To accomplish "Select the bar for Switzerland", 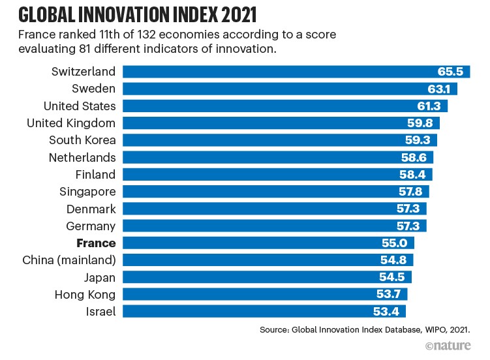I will (274, 72).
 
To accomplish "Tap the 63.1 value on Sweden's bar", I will (443, 89).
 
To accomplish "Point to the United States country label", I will (80, 106).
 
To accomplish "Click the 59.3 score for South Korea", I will (422, 140).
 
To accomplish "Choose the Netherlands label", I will (82, 157).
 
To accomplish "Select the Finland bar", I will (261, 174).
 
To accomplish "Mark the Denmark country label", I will (91, 209).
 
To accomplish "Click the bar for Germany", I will (261, 226).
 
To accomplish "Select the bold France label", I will (96, 243).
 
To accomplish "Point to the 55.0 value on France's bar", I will (400, 243).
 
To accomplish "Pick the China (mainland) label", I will (69, 260).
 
